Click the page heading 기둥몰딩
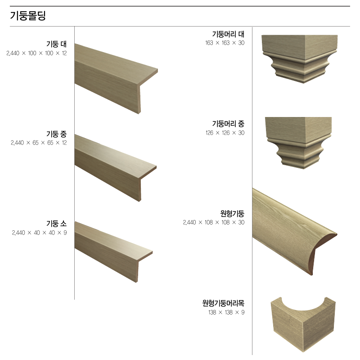[x=28, y=16]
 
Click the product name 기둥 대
[x=57, y=44]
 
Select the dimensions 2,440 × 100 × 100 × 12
[x=37, y=53]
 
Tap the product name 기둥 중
[x=57, y=134]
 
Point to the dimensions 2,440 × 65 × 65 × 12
[x=39, y=143]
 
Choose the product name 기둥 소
[x=57, y=223]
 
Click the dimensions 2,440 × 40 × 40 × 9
[x=40, y=233]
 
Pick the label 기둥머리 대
[x=228, y=34]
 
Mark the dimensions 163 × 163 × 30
[x=225, y=43]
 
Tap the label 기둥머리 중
[x=228, y=124]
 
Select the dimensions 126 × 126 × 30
[x=225, y=133]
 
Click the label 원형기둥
[x=232, y=213]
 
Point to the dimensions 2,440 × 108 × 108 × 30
[x=214, y=222]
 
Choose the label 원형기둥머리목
[x=223, y=303]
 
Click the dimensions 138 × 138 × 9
[x=227, y=312]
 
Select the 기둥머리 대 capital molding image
[x=300, y=59]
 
